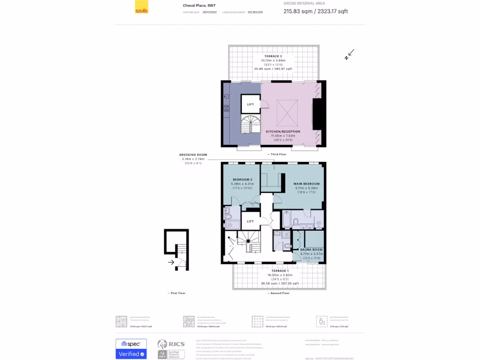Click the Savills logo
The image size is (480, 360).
point(141,10)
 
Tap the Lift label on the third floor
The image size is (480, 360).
point(250,104)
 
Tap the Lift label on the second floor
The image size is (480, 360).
point(250,221)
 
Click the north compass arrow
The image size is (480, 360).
point(349,54)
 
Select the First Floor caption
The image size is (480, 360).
point(177,293)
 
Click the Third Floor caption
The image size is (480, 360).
point(278,154)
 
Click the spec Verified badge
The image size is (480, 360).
point(131,349)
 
